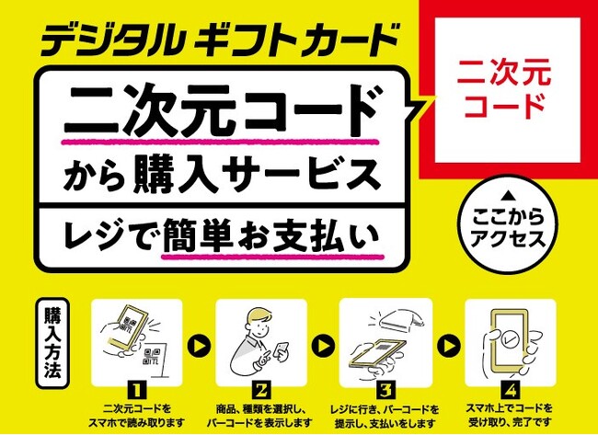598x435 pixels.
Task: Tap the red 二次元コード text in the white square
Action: coord(505,89)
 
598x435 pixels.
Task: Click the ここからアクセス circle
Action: coord(508,225)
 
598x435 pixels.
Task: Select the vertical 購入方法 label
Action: coord(52,343)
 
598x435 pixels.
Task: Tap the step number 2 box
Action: coord(261,390)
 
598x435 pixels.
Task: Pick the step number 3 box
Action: coord(385,390)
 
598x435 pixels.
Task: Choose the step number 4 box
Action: coord(511,390)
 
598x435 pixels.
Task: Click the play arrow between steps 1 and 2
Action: coord(199,346)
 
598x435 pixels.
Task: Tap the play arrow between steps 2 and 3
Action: coord(324,346)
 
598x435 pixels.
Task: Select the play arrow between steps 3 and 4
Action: coord(449,346)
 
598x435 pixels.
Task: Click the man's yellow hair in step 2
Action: coord(260,315)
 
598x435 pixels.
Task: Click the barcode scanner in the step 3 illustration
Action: coord(399,319)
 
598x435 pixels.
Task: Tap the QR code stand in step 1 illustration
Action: coord(155,358)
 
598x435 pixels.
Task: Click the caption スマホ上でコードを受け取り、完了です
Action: coord(510,415)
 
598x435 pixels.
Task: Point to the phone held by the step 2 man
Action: coord(282,351)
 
